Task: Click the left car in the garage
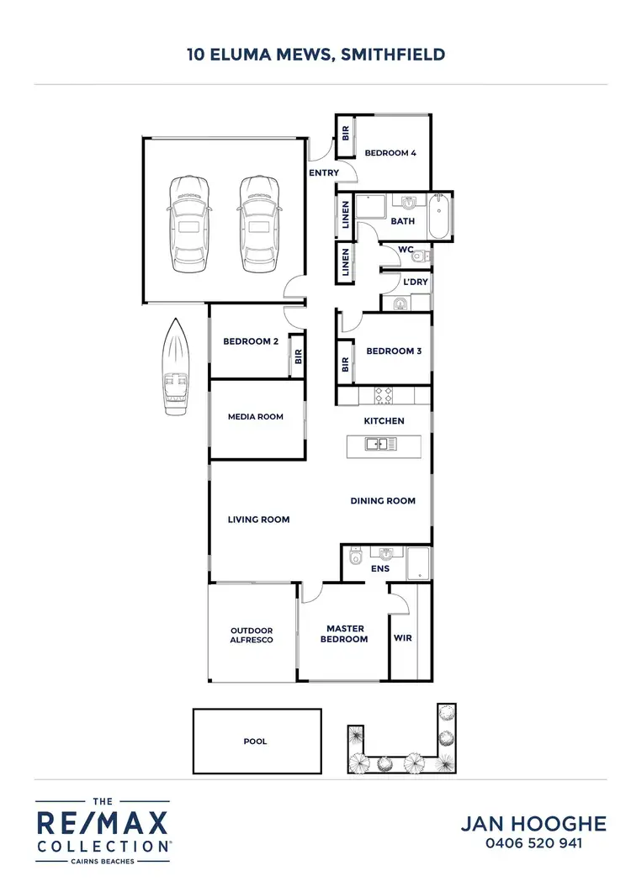pos(188,224)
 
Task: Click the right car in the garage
pos(258,224)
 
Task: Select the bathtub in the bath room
pos(439,217)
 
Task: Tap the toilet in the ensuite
pos(356,556)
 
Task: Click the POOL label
pos(255,742)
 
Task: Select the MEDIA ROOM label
pos(256,417)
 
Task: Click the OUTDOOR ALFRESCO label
pos(252,635)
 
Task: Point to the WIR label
pos(403,638)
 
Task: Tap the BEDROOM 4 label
pos(390,153)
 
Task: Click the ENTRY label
pos(325,173)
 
